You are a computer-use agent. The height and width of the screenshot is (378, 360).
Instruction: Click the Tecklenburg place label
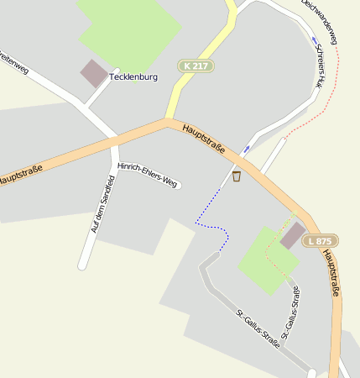click(x=133, y=77)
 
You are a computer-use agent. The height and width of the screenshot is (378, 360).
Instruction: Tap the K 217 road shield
click(x=196, y=66)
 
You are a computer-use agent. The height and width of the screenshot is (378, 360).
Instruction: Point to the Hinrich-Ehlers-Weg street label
click(x=149, y=173)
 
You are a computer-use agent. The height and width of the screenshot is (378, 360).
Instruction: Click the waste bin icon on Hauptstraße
click(x=237, y=176)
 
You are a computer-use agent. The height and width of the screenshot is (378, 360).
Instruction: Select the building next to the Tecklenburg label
click(x=94, y=73)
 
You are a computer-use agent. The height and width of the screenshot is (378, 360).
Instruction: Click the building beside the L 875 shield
click(x=293, y=235)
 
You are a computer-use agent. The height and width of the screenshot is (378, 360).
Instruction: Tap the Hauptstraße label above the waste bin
click(x=202, y=138)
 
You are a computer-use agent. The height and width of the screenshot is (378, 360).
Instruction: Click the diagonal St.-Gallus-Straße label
click(x=258, y=328)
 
